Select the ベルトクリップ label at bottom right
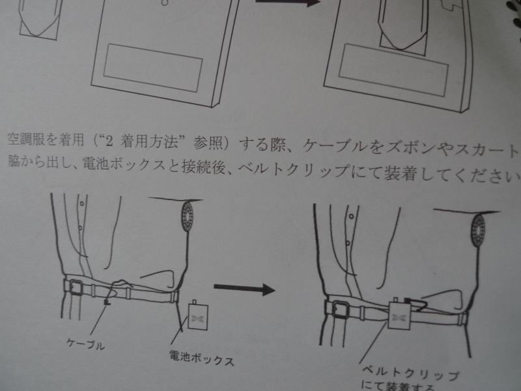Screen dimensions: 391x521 (410, 376)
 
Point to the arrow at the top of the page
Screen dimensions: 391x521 (286, 3)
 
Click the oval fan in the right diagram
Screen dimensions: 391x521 (479, 229)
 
